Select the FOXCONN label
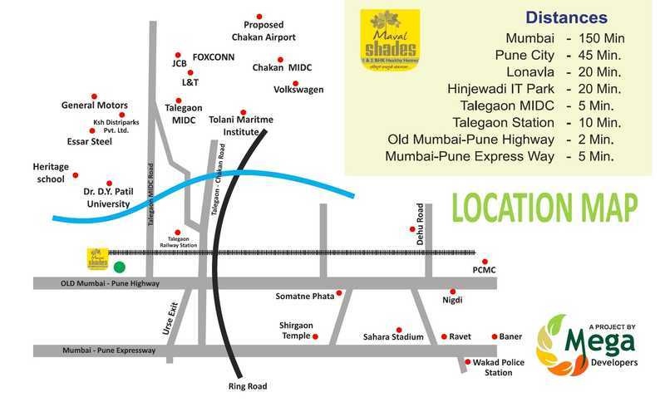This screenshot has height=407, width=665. pos(214,57)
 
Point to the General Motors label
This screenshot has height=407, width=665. pos(95,105)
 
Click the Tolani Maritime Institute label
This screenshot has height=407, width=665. pos(241,125)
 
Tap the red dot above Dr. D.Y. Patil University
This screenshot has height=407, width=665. pos(109,184)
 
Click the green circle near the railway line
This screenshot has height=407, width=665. pos(120,267)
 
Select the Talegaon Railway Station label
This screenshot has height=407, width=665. pos(177,243)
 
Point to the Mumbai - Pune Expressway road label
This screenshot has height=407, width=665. pos(109,351)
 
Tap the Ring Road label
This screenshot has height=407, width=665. pos(248,386)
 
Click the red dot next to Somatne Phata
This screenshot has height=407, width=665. pos(340,296)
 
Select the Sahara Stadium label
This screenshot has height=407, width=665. pos(393,337)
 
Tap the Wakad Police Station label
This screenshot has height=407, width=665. pos(498,367)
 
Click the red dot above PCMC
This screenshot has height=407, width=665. pos(485,262)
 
